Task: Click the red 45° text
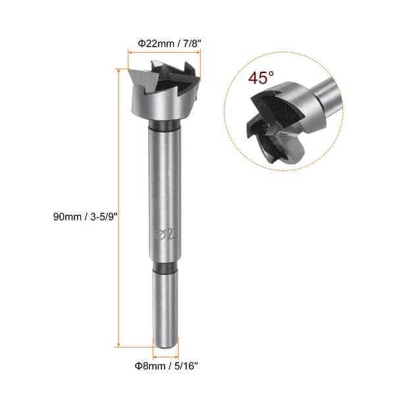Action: click(261, 78)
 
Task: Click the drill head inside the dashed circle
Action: click(270, 125)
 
